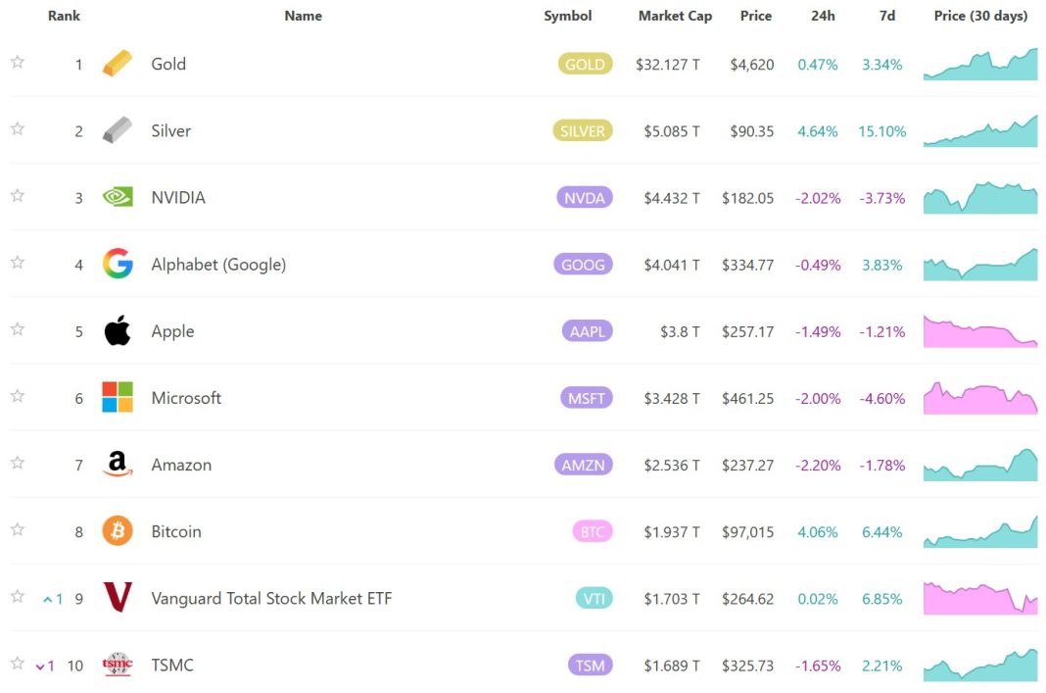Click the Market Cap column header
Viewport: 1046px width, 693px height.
(675, 16)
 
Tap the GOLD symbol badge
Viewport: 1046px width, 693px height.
(585, 65)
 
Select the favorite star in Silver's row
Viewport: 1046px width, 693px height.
(18, 129)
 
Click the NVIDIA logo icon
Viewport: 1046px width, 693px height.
(118, 197)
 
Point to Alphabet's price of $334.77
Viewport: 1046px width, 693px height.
(747, 265)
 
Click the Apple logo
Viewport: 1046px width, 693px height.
(118, 331)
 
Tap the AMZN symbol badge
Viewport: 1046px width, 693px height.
(585, 466)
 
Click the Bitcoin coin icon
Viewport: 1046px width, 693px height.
(118, 531)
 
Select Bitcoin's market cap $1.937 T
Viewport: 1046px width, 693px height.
(672, 532)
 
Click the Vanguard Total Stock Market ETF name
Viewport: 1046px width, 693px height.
(271, 598)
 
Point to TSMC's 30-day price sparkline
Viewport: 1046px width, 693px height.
(980, 665)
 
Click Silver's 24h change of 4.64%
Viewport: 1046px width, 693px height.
(818, 131)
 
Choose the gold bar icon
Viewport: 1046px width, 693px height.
(118, 64)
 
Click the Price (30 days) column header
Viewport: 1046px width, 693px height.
(980, 16)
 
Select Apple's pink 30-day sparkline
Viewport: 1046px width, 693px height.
(980, 331)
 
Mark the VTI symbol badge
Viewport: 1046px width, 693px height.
(593, 599)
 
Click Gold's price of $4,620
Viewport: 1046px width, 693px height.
(752, 65)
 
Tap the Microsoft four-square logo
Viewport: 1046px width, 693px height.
(118, 397)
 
